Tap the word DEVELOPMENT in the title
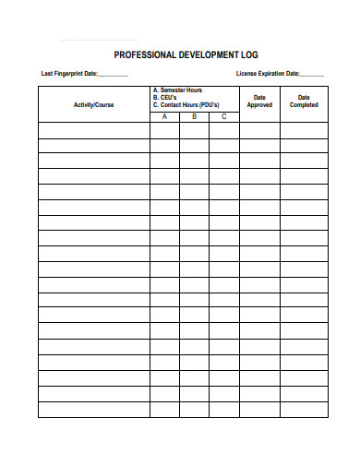(x=206, y=54)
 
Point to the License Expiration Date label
(x=268, y=74)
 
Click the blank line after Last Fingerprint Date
(x=113, y=76)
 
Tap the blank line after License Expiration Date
(x=312, y=76)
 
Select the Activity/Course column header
(x=94, y=104)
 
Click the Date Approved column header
(x=259, y=101)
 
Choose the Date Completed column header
(x=304, y=101)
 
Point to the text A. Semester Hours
(x=177, y=90)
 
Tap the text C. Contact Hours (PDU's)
(x=186, y=105)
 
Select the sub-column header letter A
(x=164, y=116)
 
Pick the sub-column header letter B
(x=194, y=116)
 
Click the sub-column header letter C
(x=223, y=116)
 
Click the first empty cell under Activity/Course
(x=94, y=130)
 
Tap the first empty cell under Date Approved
(x=259, y=130)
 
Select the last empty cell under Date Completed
(x=304, y=409)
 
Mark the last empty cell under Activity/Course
(x=94, y=409)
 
